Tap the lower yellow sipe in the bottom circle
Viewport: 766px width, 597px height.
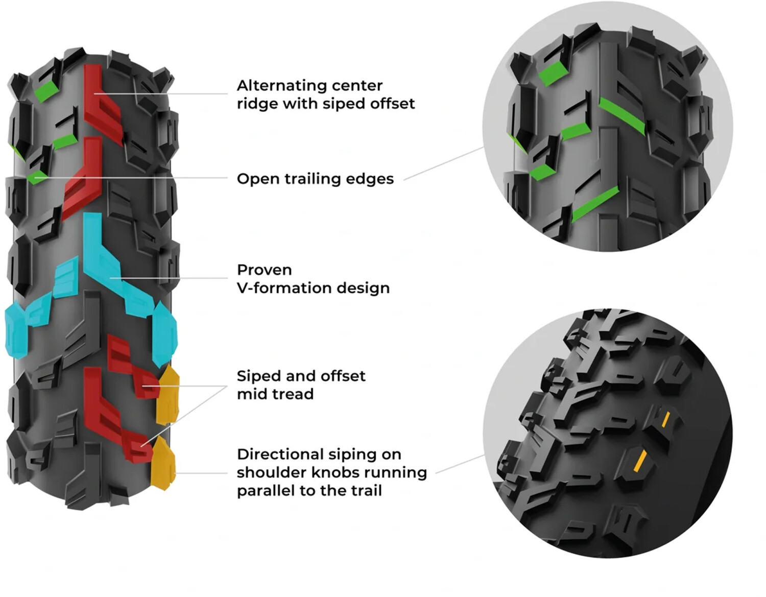click(x=639, y=461)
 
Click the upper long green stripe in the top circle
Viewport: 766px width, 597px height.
click(x=622, y=115)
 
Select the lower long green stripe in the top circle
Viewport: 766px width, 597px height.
click(x=595, y=204)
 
